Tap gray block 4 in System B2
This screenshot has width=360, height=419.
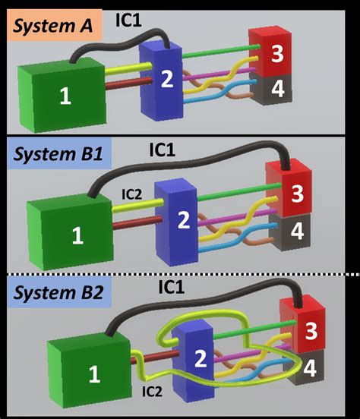(309, 370)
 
